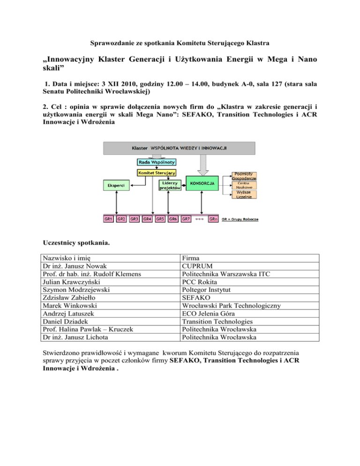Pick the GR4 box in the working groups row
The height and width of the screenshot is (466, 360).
(x=147, y=218)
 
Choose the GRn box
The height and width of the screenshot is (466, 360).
(x=212, y=218)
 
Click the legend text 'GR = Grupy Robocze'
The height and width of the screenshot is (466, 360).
(x=240, y=219)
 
